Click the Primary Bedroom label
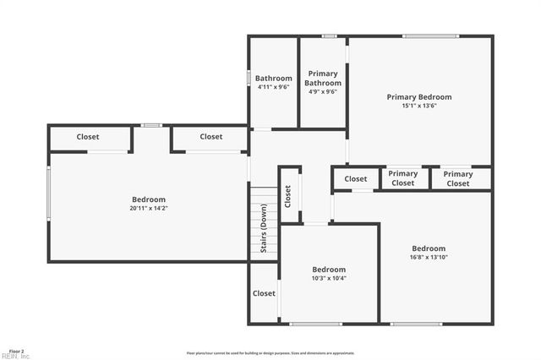tap(419, 97)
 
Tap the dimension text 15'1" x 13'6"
tap(419, 106)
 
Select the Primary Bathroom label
tap(323, 79)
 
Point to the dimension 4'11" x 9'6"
tap(274, 87)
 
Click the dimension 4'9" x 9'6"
tap(323, 92)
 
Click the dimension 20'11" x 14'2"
tap(149, 208)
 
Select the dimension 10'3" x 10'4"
tap(329, 278)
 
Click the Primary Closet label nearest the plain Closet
tap(403, 178)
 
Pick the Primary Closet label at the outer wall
tap(458, 178)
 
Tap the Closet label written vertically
tap(288, 196)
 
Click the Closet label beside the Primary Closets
tap(356, 179)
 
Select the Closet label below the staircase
tap(264, 293)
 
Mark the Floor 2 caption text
tap(16, 351)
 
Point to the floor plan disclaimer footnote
tap(270, 353)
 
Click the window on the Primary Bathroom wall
tap(329, 35)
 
